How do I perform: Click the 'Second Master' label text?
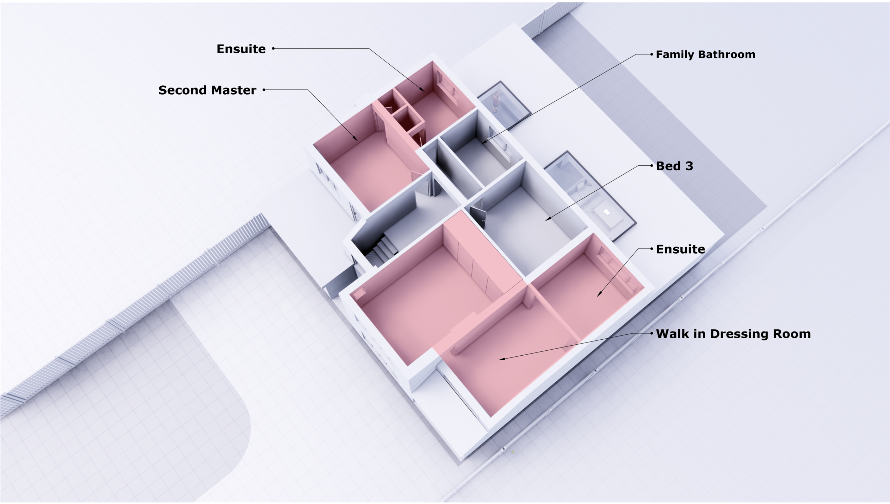(207, 90)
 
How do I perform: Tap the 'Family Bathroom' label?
(705, 54)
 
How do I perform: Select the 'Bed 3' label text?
(674, 166)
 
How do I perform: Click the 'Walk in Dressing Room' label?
(733, 334)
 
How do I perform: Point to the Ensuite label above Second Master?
(241, 49)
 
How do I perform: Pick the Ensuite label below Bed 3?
(680, 249)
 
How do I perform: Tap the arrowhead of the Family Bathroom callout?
(482, 143)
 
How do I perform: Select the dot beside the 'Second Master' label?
(264, 90)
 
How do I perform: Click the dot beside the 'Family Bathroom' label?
(651, 54)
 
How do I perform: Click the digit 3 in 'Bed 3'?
(689, 166)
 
